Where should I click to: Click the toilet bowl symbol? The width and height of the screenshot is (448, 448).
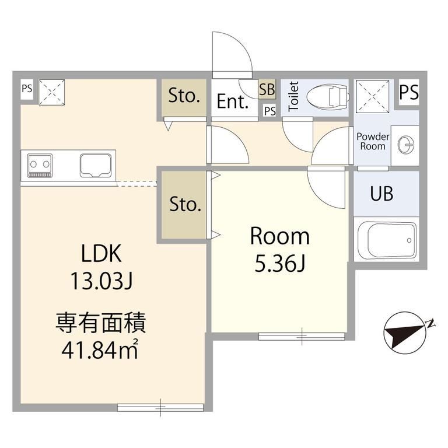click(x=328, y=97)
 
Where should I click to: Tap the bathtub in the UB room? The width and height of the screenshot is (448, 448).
click(x=387, y=239)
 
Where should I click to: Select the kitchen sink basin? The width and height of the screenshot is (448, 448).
click(x=96, y=165)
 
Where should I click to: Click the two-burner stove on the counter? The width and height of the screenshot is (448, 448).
click(x=40, y=166)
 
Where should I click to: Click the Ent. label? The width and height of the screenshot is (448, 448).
click(x=232, y=101)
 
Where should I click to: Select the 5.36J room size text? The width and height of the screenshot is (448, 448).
click(x=280, y=264)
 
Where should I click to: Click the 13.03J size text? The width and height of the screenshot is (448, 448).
click(x=101, y=281)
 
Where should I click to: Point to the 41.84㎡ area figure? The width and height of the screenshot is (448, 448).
click(x=100, y=350)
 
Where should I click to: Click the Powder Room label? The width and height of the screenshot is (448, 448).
click(x=373, y=141)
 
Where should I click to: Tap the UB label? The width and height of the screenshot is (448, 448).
click(x=381, y=194)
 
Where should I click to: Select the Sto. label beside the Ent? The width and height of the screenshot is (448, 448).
click(x=184, y=96)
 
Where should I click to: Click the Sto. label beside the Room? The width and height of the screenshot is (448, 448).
click(x=185, y=204)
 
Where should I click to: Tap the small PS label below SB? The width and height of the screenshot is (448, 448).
click(x=269, y=111)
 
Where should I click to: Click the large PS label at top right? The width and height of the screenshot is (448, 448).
click(x=409, y=92)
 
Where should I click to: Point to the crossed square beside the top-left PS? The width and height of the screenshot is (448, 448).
click(x=52, y=92)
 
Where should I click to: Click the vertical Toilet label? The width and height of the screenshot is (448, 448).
click(x=294, y=97)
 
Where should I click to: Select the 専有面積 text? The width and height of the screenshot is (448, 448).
click(x=100, y=323)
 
